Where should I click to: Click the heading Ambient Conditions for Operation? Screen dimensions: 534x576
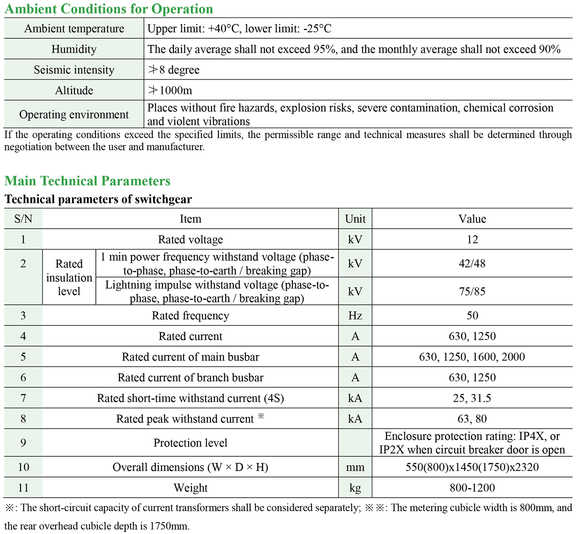109,9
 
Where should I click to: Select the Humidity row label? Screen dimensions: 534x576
74,49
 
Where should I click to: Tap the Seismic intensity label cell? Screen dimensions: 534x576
74,70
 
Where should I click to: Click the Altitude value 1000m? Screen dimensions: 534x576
170,91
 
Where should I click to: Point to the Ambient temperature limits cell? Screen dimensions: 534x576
239,29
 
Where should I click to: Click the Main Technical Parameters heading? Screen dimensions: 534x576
87,181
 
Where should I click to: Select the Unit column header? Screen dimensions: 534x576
355,219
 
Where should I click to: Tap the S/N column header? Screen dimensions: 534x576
23,219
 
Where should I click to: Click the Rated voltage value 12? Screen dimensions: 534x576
472,239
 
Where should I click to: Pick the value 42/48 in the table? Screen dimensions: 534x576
472,263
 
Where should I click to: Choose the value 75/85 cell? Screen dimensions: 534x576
472,291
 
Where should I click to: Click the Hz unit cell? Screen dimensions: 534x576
355,316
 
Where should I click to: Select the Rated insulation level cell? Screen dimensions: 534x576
69,277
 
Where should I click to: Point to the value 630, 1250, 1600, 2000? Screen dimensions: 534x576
472,357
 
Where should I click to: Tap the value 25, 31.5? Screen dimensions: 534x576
472,398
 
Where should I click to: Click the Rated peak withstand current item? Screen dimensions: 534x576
185,419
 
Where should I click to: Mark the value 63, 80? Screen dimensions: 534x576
472,419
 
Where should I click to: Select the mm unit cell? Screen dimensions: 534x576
355,467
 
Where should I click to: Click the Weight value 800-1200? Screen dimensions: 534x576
472,488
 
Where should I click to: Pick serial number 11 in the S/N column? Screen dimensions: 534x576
23,488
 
